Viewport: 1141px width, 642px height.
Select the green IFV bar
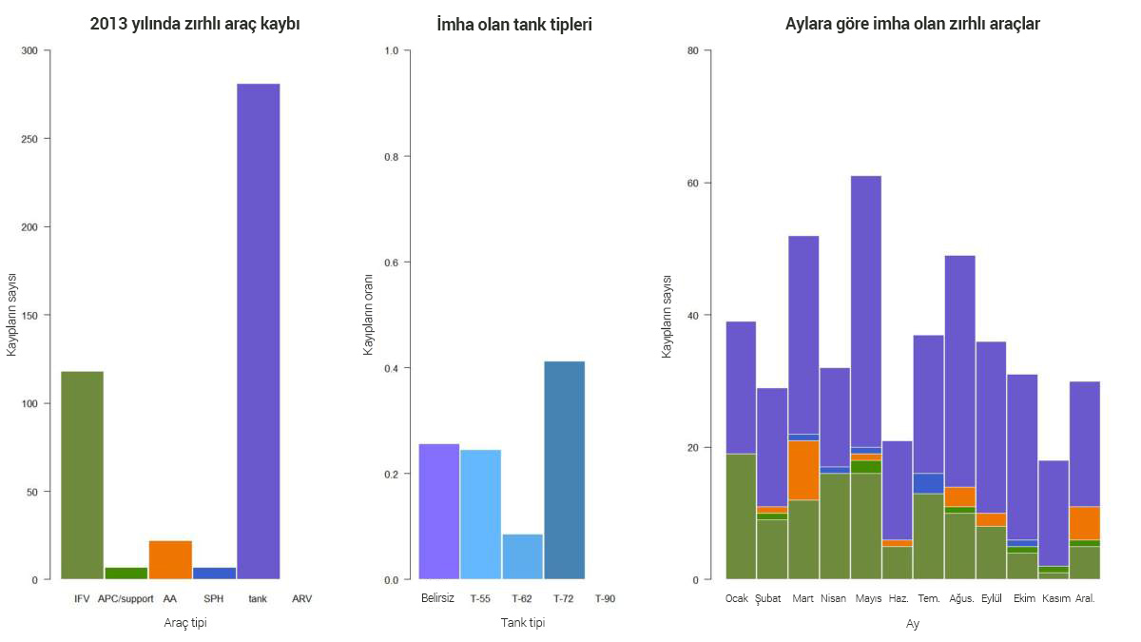[82, 475]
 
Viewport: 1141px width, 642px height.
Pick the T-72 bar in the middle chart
[564, 470]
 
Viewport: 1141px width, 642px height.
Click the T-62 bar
[522, 556]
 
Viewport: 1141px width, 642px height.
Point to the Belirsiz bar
[438, 511]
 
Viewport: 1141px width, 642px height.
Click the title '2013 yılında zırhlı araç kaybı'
[195, 25]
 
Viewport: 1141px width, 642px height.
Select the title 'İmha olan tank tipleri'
[514, 25]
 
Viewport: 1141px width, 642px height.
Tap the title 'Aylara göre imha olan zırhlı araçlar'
[912, 25]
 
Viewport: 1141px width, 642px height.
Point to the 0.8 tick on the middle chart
[391, 156]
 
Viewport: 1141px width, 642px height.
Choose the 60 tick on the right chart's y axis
[692, 183]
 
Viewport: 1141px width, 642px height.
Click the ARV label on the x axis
[302, 599]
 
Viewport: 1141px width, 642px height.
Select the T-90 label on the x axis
[605, 599]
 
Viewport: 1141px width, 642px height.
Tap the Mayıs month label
[868, 599]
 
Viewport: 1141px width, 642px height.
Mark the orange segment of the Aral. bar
[1085, 523]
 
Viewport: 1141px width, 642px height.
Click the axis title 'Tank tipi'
[523, 623]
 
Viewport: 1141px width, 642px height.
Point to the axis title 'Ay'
[912, 624]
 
